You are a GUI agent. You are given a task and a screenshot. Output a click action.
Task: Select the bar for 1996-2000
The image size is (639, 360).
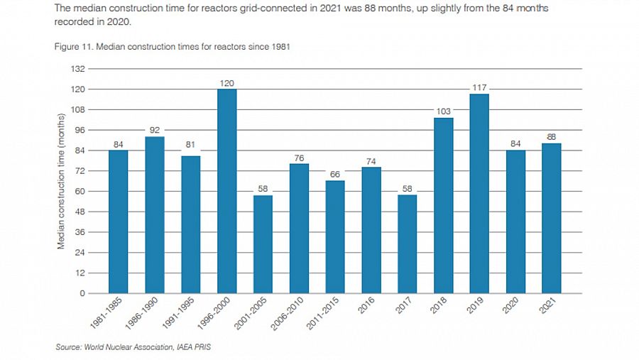point(226,191)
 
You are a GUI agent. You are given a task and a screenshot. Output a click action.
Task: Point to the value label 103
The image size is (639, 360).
point(443,111)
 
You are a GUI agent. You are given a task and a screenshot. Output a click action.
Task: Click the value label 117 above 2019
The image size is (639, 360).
point(479,87)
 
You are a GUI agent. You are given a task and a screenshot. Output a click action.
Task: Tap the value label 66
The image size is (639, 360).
point(335,174)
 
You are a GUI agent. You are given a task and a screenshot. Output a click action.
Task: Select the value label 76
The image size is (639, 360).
point(299,158)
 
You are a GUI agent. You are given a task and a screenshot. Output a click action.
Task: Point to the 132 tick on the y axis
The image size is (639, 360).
point(77,69)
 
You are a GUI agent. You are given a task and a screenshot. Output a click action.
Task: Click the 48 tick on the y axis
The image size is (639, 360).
point(80,212)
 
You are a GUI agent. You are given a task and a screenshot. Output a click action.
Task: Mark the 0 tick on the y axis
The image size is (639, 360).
point(82,293)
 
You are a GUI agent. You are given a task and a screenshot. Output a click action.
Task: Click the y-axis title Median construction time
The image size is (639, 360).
point(61,180)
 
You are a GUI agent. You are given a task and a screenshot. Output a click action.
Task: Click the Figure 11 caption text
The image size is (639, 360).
point(171,46)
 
